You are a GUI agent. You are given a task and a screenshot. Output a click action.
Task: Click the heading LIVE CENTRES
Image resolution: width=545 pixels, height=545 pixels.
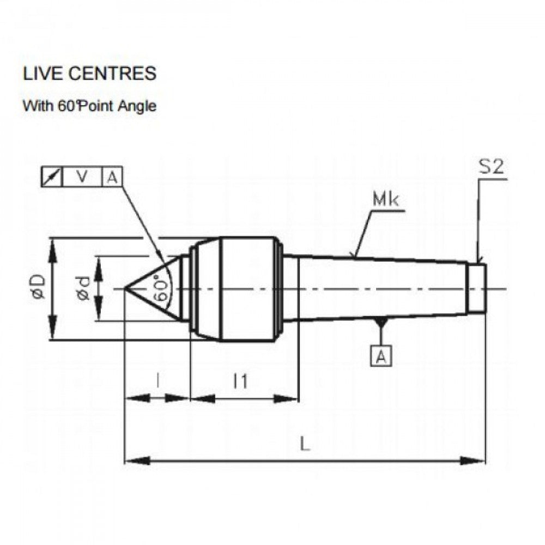pos(89,74)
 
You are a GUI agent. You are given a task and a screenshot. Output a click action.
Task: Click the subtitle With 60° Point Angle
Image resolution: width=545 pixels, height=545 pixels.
pos(89,106)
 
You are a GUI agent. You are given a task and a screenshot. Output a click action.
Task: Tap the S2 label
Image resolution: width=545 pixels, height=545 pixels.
pos(491,168)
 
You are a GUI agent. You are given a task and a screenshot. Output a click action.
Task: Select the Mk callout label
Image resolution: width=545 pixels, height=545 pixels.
pos(386,201)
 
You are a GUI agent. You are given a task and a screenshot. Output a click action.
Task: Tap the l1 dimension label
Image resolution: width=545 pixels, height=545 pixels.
pos(240,381)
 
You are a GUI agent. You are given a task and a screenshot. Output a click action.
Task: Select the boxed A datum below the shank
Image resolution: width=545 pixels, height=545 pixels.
pos(382,356)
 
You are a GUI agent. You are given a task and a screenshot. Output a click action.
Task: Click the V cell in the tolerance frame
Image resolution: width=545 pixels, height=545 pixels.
pos(82,177)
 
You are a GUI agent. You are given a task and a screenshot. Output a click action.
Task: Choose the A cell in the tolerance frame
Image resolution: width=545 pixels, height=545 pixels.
pos(112,177)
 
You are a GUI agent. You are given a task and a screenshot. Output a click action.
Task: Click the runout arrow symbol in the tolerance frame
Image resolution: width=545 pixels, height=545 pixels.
pos(52,177)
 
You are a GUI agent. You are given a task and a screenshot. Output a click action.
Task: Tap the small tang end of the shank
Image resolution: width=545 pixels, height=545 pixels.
pos(477,288)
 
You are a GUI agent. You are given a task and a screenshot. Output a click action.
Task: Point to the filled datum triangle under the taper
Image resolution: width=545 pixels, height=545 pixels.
pos(381,323)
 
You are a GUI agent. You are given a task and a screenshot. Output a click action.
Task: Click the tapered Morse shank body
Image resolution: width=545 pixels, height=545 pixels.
pos(381,288)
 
